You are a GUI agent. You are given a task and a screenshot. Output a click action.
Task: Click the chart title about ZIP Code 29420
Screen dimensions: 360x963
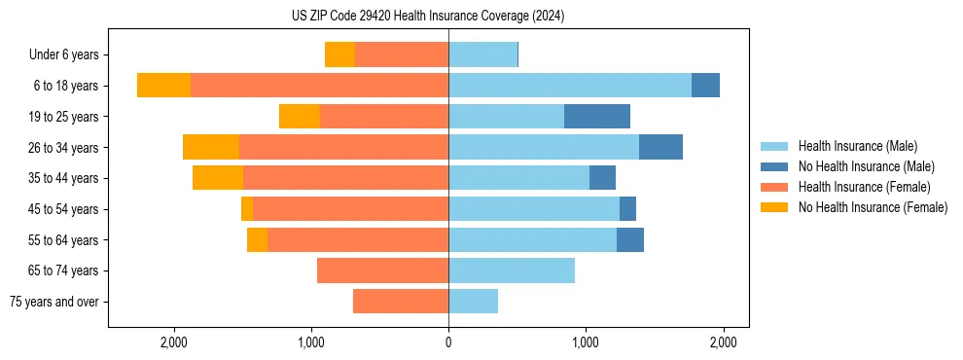tap(428, 17)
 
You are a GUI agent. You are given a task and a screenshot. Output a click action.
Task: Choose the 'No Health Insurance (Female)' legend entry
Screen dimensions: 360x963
tap(873, 207)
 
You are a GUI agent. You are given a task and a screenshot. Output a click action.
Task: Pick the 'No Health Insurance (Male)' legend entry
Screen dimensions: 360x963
tap(866, 166)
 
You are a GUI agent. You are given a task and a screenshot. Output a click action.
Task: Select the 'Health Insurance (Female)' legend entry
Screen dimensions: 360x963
tap(864, 187)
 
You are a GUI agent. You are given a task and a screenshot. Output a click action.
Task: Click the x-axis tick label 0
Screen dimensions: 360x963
tap(448, 342)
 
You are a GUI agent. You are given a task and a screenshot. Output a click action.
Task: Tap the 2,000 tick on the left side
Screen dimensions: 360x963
tap(174, 342)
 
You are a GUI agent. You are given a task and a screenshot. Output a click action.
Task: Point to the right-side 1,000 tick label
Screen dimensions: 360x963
tap(586, 342)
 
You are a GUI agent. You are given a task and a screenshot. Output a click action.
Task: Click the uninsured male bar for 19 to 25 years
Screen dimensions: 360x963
tap(597, 117)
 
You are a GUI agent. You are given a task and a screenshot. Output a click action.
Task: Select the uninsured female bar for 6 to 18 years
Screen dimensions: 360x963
tap(163, 86)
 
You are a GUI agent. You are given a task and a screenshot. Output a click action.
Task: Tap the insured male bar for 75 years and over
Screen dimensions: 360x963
tap(473, 302)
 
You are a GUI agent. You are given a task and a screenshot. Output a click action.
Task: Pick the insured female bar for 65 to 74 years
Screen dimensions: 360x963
tap(382, 270)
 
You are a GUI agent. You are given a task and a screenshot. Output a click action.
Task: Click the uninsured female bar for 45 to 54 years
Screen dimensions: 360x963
tap(247, 209)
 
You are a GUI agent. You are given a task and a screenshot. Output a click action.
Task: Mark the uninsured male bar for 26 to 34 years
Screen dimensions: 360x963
tap(660, 147)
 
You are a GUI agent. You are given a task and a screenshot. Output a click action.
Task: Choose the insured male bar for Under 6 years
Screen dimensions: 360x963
tap(482, 54)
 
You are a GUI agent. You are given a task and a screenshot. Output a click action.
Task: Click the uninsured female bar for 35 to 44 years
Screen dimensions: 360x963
tap(218, 178)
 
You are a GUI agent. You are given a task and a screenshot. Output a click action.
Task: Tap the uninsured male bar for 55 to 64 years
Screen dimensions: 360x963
tap(630, 239)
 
